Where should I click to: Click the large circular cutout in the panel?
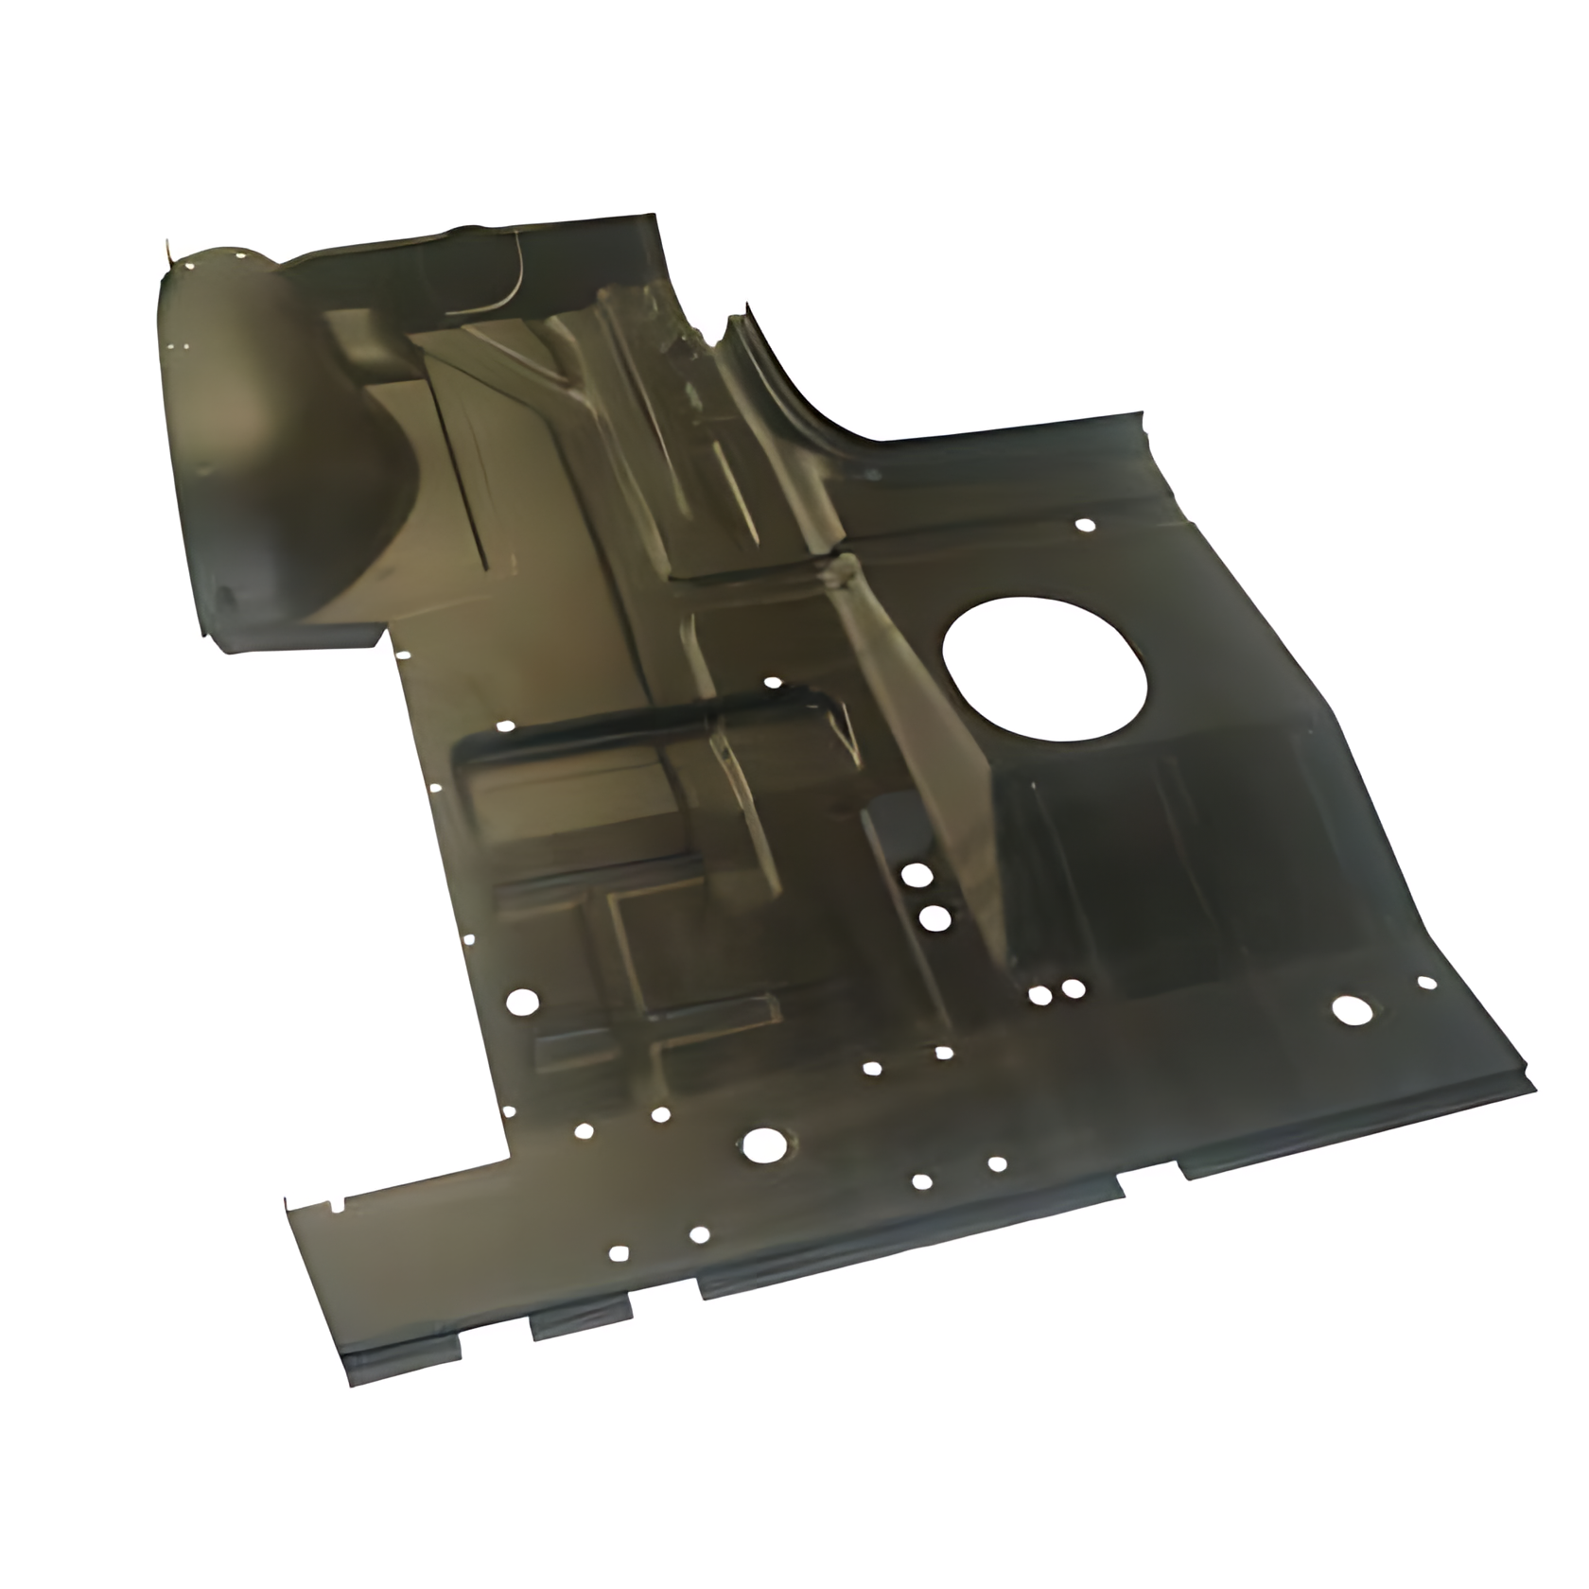click(1045, 666)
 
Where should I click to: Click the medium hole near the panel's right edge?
click(1345, 1010)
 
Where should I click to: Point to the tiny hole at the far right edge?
click(1424, 984)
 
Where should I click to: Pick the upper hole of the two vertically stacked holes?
click(915, 875)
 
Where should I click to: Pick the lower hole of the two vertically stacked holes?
click(934, 917)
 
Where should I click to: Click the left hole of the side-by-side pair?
click(1039, 995)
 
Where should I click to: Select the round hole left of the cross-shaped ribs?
click(521, 1003)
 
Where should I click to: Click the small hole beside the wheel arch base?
click(403, 655)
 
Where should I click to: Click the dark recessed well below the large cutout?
click(1135, 870)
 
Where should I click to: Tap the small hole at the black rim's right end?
click(773, 682)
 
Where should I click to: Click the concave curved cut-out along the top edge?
click(804, 397)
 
